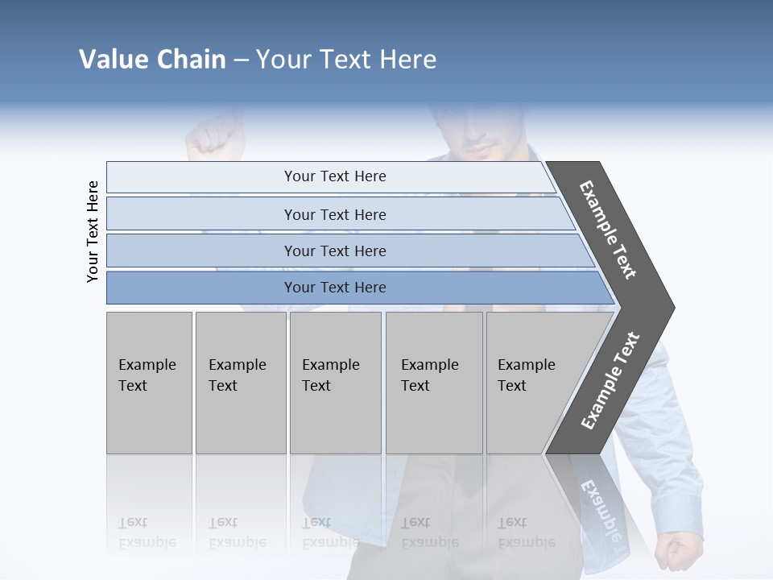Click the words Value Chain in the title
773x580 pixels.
click(x=152, y=60)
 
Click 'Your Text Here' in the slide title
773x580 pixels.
click(x=346, y=60)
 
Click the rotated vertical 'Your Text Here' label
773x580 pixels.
click(x=93, y=231)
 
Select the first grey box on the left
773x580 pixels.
click(x=149, y=383)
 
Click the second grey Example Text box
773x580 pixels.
click(x=241, y=383)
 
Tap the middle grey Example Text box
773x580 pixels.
click(x=335, y=383)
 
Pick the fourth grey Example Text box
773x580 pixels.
click(x=434, y=383)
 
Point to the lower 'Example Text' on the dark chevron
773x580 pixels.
click(x=610, y=381)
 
